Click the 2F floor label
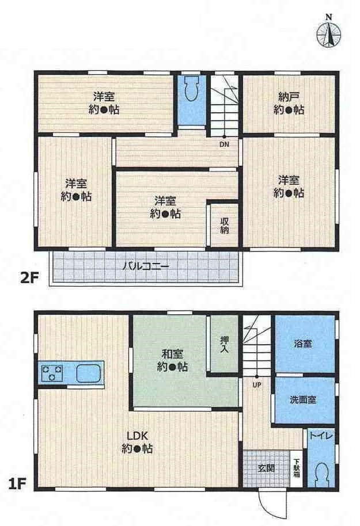coord(29,278)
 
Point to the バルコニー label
coord(145,266)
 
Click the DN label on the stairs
coord(223,144)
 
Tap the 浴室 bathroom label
coord(304,344)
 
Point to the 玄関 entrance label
coord(266,468)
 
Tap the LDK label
coord(137,436)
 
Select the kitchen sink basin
coord(88,373)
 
